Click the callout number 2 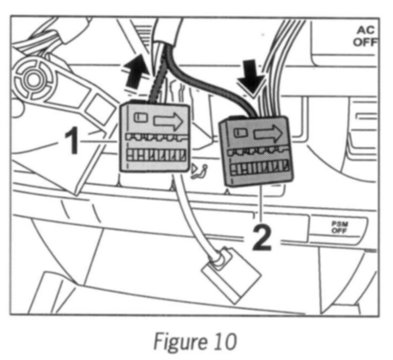coord(263,238)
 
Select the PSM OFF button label coord(336,226)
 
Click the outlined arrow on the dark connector coord(267,133)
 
